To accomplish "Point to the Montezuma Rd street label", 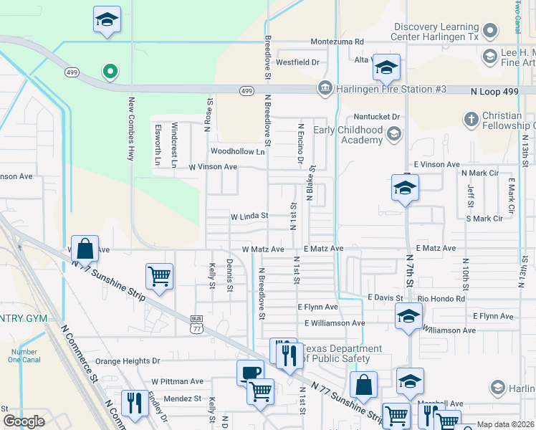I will pyautogui.click(x=338, y=42).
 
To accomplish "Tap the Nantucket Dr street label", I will pyautogui.click(x=376, y=116).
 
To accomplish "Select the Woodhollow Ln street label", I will pyautogui.click(x=237, y=152).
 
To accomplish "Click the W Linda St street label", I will pyautogui.click(x=249, y=216).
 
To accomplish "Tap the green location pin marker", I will pyautogui.click(x=109, y=71).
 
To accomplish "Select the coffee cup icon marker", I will pyautogui.click(x=250, y=372).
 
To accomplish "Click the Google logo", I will pyautogui.click(x=24, y=421).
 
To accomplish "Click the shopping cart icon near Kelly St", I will pyautogui.click(x=159, y=276).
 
